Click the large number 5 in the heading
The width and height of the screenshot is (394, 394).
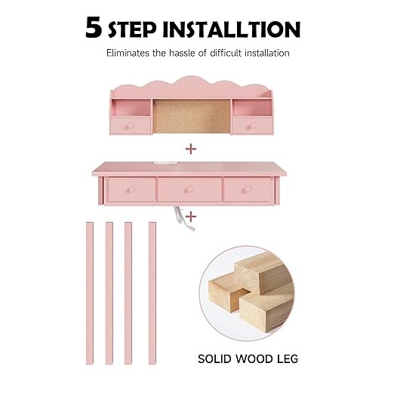click(94, 27)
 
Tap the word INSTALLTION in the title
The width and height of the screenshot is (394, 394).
click(232, 29)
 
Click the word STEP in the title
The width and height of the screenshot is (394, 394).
click(132, 29)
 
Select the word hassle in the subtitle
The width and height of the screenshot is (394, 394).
click(182, 53)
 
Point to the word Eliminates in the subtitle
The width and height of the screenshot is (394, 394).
click(128, 53)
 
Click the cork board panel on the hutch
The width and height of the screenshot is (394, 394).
click(192, 116)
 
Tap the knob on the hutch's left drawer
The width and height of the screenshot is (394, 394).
click(131, 126)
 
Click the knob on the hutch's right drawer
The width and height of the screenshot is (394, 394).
click(251, 126)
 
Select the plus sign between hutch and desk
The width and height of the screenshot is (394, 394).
click(191, 149)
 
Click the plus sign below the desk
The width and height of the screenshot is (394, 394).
click(191, 217)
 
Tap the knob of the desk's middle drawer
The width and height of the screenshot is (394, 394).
click(189, 190)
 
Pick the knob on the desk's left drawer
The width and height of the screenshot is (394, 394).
click(131, 190)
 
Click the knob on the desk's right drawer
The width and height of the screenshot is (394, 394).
click(247, 190)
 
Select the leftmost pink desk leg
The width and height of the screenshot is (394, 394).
click(90, 293)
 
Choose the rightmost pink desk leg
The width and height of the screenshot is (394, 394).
click(152, 293)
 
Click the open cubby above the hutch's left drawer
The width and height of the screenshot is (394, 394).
click(131, 108)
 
